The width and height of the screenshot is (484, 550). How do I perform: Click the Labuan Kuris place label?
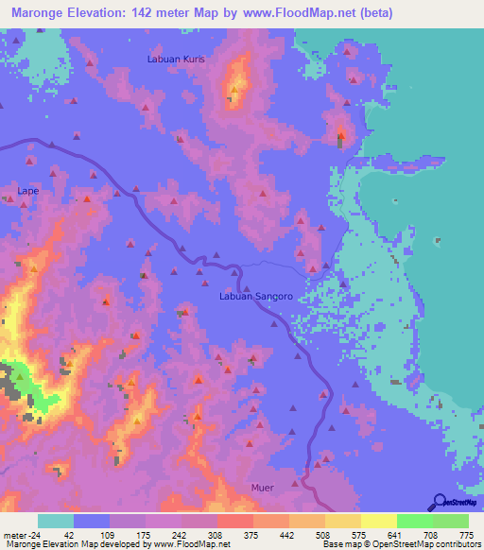pyautogui.click(x=176, y=59)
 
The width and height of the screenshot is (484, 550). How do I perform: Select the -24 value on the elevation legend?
pyautogui.click(x=33, y=534)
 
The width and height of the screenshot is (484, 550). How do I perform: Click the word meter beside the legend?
pyautogui.click(x=13, y=534)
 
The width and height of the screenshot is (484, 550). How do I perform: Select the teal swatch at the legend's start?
pyautogui.click(x=55, y=521)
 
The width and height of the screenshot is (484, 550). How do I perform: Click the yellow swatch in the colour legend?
pyautogui.click(x=378, y=521)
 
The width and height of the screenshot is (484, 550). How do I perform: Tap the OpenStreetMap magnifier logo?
pyautogui.click(x=439, y=501)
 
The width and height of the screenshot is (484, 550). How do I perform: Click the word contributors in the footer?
pyautogui.click(x=456, y=544)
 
